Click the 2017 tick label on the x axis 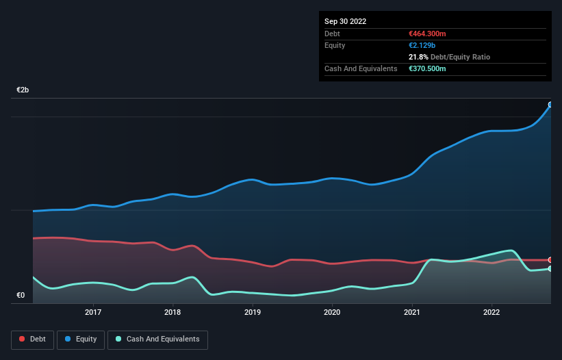pyautogui.click(x=93, y=312)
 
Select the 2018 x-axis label pyautogui.click(x=173, y=312)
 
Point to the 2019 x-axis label pyautogui.click(x=253, y=312)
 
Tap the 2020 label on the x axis pyautogui.click(x=332, y=312)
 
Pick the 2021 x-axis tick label pyautogui.click(x=412, y=312)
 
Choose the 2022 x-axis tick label pyautogui.click(x=491, y=312)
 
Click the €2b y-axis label pyautogui.click(x=23, y=90)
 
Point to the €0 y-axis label pyautogui.click(x=21, y=296)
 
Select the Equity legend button pyautogui.click(x=81, y=339)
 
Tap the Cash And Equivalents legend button pyautogui.click(x=157, y=339)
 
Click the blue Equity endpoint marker pyautogui.click(x=550, y=105)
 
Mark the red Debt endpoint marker pyautogui.click(x=550, y=260)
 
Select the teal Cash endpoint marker pyautogui.click(x=550, y=268)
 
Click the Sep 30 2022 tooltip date pyautogui.click(x=345, y=21)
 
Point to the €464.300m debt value pyautogui.click(x=427, y=34)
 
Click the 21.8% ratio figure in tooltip pyautogui.click(x=417, y=57)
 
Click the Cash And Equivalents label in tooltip pyautogui.click(x=361, y=68)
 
